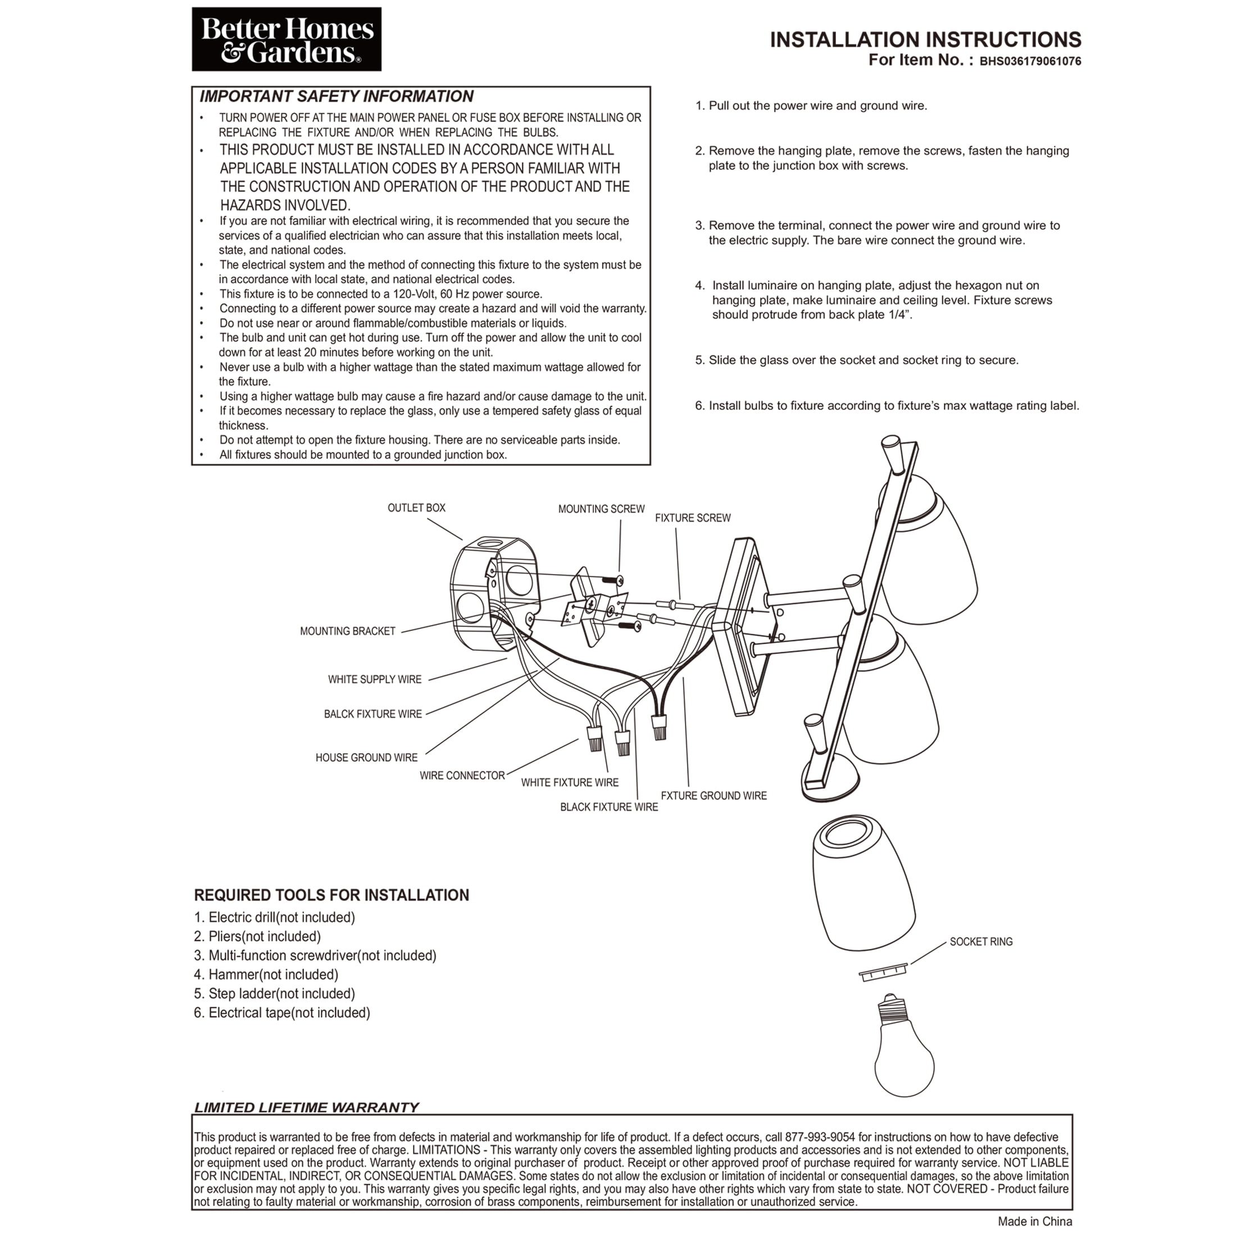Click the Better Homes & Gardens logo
tap(287, 39)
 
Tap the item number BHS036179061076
tap(1030, 62)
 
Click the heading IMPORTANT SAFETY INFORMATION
tap(337, 97)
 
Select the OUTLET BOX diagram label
tap(416, 508)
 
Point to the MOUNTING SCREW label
tap(601, 509)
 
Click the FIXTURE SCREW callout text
tap(693, 518)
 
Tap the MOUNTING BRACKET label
tap(348, 631)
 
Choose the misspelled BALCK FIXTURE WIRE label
tap(373, 714)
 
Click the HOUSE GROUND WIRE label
tap(366, 757)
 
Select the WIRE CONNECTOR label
tap(462, 775)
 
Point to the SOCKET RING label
tap(981, 942)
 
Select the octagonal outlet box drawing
tap(493, 594)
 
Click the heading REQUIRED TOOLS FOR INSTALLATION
tap(331, 895)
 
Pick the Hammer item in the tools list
tap(266, 974)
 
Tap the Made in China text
tap(1035, 1221)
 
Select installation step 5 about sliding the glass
tap(857, 360)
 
